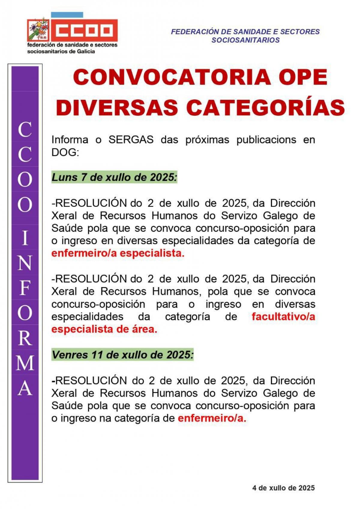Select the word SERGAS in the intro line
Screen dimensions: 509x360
tap(131, 140)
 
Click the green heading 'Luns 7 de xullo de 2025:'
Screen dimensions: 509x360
tap(114, 177)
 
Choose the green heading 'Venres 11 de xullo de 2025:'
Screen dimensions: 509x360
tap(122, 355)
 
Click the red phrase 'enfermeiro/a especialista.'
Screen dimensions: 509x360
tap(118, 253)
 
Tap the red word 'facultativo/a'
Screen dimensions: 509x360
tap(283, 316)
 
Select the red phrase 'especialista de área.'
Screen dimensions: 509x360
tap(104, 329)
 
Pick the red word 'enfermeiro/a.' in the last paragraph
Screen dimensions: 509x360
tap(212, 418)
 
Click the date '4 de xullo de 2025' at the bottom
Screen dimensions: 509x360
tap(283, 488)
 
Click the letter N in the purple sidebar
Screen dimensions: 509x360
tap(25, 263)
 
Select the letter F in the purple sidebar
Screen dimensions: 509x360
tap(25, 288)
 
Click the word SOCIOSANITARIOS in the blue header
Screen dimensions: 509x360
tap(245, 40)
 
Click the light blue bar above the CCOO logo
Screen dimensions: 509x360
tap(67, 15)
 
